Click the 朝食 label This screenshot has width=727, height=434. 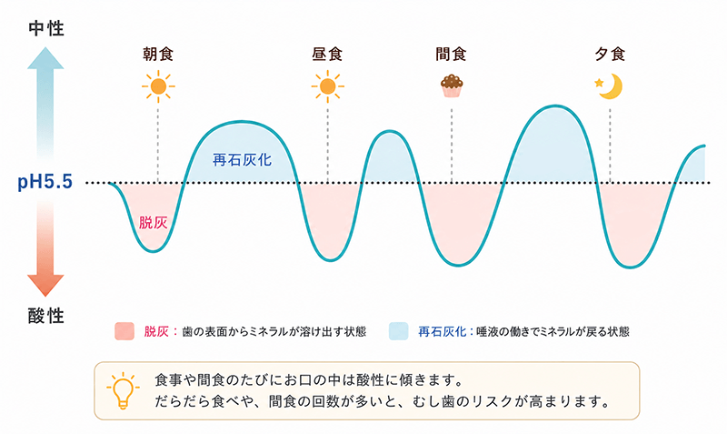click(x=158, y=55)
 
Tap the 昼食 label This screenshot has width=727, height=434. click(x=327, y=55)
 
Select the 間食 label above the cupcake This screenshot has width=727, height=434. click(x=451, y=55)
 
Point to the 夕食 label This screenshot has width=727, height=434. click(x=610, y=55)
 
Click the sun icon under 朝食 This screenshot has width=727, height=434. click(x=158, y=86)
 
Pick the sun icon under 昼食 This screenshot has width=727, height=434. click(x=327, y=86)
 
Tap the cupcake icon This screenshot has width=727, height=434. click(x=452, y=86)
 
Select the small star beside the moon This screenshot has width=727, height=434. click(x=599, y=83)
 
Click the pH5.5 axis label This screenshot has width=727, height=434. click(x=45, y=181)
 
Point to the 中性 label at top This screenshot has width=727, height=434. click(x=46, y=29)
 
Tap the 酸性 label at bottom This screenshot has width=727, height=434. click(x=46, y=316)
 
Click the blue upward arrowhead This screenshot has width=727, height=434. click(x=45, y=57)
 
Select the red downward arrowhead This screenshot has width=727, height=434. click(x=45, y=286)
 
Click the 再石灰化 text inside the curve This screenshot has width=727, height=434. click(x=242, y=160)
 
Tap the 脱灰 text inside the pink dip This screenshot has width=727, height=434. click(x=153, y=223)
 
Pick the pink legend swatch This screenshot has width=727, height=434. click(x=124, y=331)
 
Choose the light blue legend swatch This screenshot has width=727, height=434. click(x=399, y=331)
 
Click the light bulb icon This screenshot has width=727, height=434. click(x=123, y=391)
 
